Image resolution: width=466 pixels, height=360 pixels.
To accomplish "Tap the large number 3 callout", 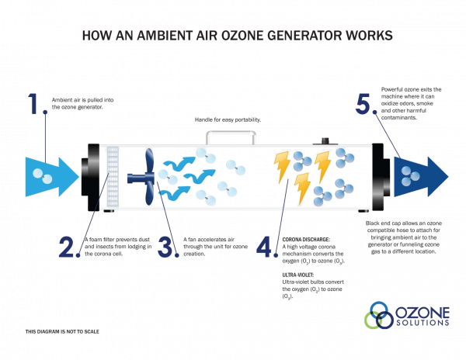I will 165,247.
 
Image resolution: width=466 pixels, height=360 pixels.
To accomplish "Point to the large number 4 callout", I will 266,247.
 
